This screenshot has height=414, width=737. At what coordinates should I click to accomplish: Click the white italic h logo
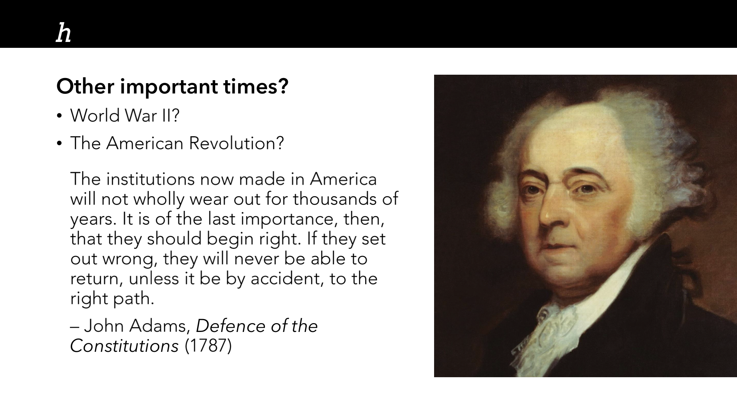tap(63, 33)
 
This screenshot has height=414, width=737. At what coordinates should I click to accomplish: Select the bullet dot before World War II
tap(59, 117)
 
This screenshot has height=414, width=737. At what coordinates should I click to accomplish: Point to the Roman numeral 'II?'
tap(170, 116)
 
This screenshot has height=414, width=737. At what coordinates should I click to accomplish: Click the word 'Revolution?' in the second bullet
tap(237, 143)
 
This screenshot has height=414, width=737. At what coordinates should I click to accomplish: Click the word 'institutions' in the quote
tap(150, 179)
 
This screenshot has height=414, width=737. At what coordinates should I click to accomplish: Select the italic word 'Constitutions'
tap(125, 346)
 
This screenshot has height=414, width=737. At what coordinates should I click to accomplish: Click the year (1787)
tap(208, 346)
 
